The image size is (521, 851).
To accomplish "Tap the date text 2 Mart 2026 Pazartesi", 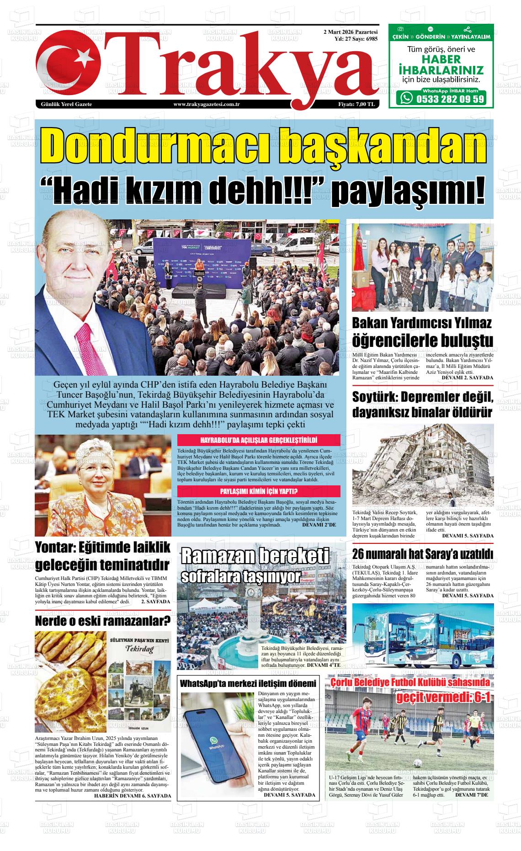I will [350, 32].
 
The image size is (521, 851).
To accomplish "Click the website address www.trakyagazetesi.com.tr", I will [207, 104].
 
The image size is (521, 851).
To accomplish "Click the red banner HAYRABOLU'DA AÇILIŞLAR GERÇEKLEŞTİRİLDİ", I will [259, 441].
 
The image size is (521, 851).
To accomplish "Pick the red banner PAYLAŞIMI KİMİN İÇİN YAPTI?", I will [259, 492].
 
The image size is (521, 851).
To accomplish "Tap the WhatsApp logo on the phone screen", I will [213, 741].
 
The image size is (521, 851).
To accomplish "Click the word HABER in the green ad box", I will [441, 59].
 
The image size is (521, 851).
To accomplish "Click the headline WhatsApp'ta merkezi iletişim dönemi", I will [248, 684].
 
